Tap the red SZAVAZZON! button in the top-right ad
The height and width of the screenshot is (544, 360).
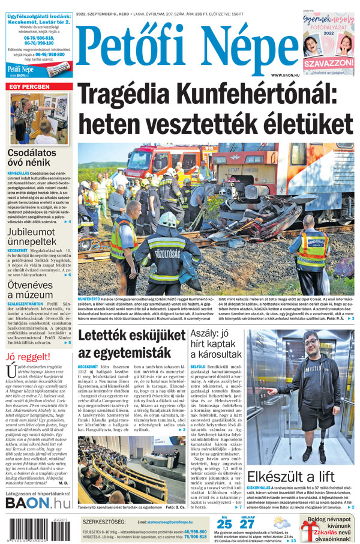pos(328,62)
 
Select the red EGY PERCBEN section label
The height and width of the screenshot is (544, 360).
pos(29,87)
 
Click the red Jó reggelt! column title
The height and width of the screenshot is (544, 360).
pos(28,358)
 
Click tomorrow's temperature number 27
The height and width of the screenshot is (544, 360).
pos(247,524)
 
